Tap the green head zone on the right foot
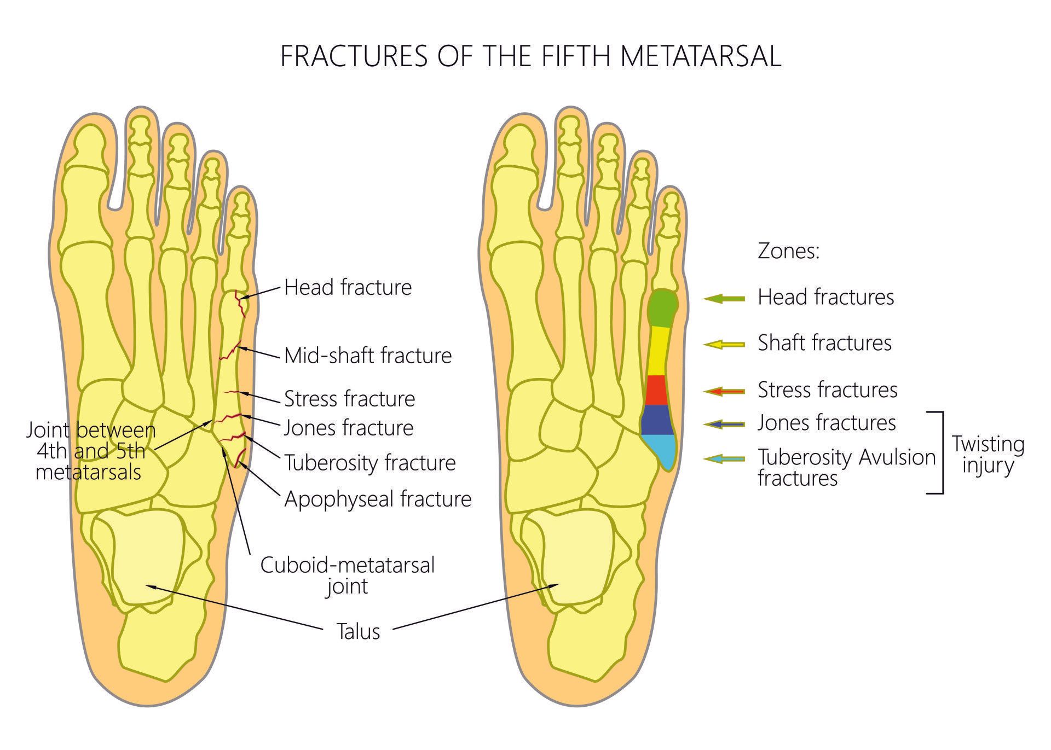pos(662,308)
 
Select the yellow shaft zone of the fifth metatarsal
pos(659,351)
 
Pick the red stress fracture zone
pos(656,390)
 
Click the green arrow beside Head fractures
pos(724,298)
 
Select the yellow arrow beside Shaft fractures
pos(724,344)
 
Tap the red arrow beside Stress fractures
pos(724,391)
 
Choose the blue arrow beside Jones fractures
pos(724,424)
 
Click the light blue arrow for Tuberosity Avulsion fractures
pos(724,458)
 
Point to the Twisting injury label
pos(988,454)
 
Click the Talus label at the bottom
pos(358,631)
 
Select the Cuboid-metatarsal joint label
pos(347,575)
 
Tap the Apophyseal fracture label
pos(378,499)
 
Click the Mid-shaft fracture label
pos(368,356)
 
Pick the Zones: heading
pos(788,251)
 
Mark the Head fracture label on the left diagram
pos(348,287)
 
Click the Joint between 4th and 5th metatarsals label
pos(91,451)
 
